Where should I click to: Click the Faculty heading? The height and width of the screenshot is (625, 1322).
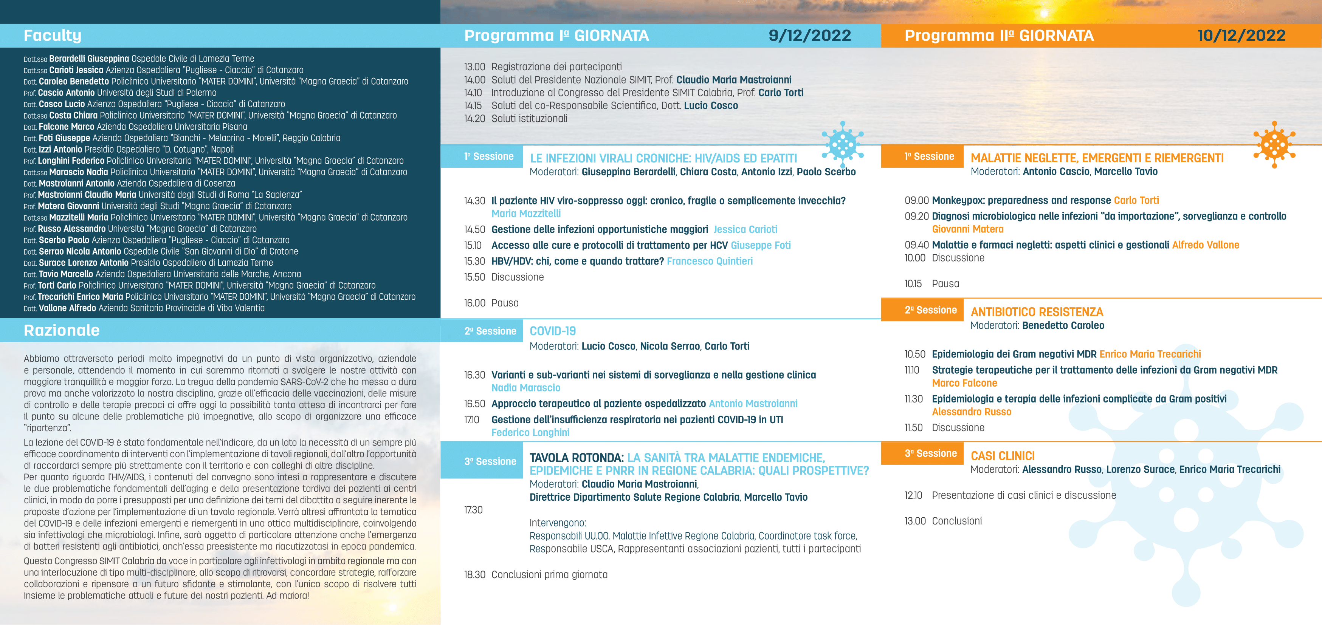[x=52, y=36]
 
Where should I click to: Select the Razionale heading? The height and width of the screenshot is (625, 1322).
[x=62, y=331]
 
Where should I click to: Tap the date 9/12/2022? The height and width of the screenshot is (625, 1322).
[x=809, y=36]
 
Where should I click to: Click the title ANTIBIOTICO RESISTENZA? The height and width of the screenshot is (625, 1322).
[x=1037, y=312]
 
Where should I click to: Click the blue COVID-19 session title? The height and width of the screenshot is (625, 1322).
[x=553, y=331]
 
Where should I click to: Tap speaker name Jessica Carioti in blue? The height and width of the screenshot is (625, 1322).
[x=745, y=229]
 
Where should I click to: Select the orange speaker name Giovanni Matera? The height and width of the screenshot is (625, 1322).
[x=967, y=229]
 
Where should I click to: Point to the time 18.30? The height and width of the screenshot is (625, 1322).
[x=474, y=575]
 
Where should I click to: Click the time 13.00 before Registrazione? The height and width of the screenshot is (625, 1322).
[x=474, y=67]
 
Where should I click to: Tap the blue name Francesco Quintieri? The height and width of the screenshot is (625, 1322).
[x=709, y=261]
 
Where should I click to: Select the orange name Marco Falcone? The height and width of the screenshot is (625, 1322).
[x=964, y=383]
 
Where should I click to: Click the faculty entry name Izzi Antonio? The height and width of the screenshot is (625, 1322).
[x=60, y=149]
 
